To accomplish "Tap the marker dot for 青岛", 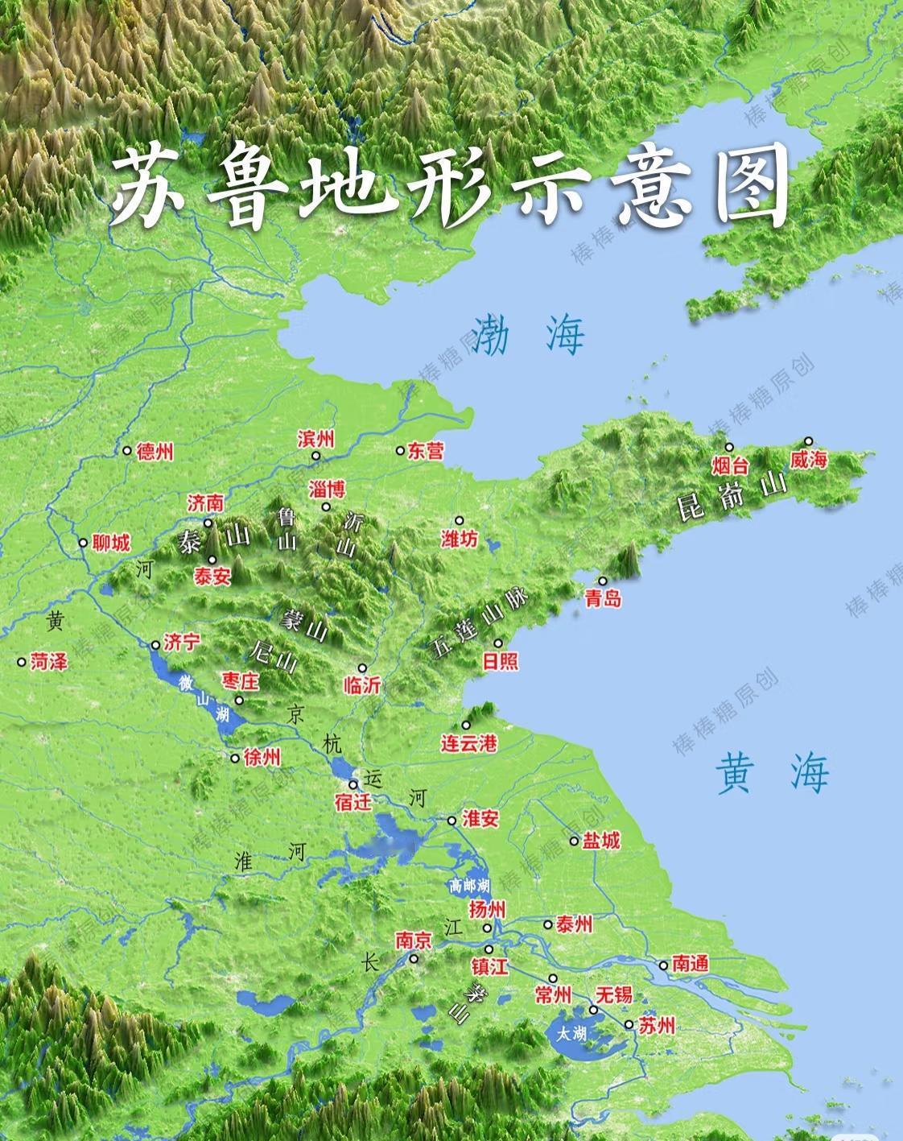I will click(x=602, y=581).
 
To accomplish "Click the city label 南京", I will click(x=414, y=940).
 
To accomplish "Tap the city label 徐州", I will click(x=262, y=758).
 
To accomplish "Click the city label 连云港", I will click(x=470, y=743).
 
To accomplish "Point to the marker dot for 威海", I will click(x=809, y=441).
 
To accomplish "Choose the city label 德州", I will click(x=155, y=452).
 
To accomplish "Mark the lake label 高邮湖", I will click(x=469, y=886).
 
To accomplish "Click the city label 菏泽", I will click(x=49, y=662).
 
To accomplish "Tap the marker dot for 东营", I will click(x=401, y=451).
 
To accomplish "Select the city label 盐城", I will click(x=601, y=841).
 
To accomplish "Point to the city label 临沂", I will click(x=361, y=685).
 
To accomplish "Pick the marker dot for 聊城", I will click(x=83, y=543).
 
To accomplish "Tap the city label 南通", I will click(x=690, y=964).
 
